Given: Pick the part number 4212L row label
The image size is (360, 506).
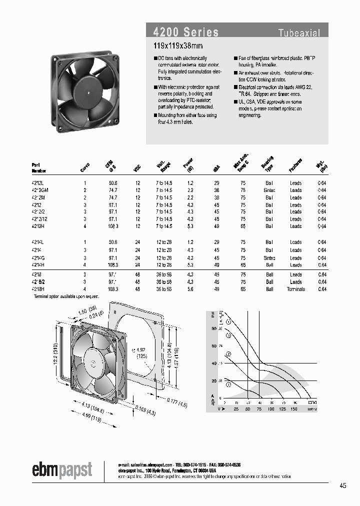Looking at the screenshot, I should tap(38, 183).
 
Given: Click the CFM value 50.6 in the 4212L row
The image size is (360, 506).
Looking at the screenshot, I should tap(112, 183).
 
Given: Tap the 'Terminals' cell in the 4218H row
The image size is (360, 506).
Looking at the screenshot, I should tap(295, 289).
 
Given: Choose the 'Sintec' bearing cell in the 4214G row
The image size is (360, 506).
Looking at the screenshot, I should tap(269, 257).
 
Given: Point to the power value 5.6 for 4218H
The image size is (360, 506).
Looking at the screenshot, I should tap(190, 289).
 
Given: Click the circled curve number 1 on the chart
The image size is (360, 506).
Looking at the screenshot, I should tap(228, 384).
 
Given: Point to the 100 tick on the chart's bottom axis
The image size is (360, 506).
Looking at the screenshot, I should tap(270, 409).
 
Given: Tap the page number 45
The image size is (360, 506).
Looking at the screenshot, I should tap(342, 485).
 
